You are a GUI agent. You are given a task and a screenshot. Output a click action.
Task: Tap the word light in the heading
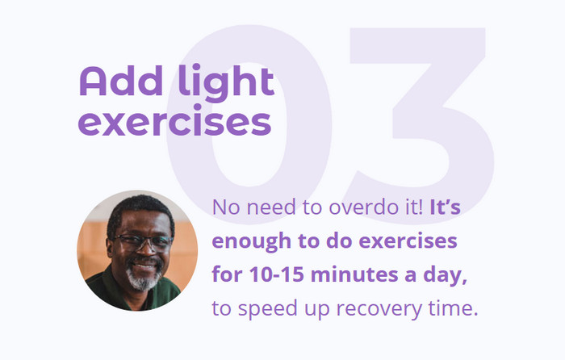(x=227, y=83)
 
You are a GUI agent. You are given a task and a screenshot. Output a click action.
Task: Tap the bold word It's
(x=446, y=207)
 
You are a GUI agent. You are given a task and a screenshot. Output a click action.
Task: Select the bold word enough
(x=252, y=241)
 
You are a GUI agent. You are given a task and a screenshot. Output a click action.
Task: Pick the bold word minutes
(x=354, y=274)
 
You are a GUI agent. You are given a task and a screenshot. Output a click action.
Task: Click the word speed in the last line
(x=268, y=309)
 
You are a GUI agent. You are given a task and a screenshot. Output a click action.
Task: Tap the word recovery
(x=379, y=309)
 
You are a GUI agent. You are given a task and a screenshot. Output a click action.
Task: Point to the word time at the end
(x=453, y=308)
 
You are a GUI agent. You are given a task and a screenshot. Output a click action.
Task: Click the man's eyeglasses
(x=144, y=242)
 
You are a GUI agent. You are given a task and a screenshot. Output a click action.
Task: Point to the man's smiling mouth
(x=144, y=266)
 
